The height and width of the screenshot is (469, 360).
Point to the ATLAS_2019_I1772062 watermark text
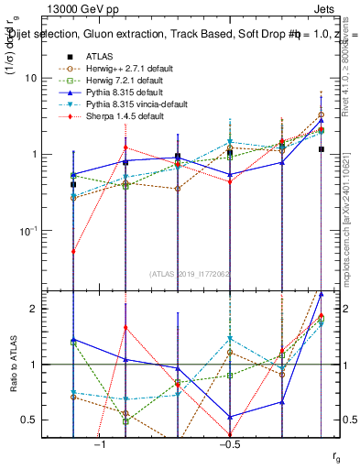click(x=191, y=273)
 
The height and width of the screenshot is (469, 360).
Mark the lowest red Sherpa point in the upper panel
click(x=73, y=250)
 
